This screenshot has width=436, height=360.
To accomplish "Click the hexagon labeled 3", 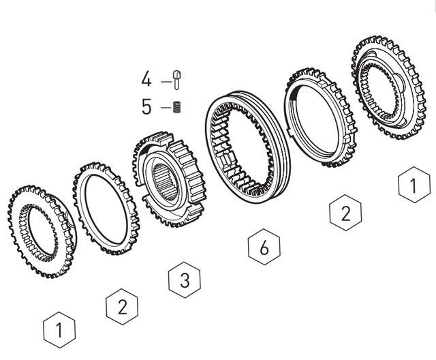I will point(185,278).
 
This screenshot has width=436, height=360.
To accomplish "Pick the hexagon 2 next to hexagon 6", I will point(345,213).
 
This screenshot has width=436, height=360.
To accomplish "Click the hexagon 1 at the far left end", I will point(59,331).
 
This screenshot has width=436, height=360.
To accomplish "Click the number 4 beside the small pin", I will point(146,79).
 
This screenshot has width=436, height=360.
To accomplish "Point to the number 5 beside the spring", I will point(146,107).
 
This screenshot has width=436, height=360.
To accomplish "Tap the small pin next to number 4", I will point(176,78).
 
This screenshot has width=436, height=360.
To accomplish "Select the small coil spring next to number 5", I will point(176,108).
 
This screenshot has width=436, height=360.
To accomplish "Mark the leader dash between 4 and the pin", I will point(164,80).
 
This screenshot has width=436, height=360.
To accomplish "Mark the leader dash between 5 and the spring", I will point(164,108).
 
